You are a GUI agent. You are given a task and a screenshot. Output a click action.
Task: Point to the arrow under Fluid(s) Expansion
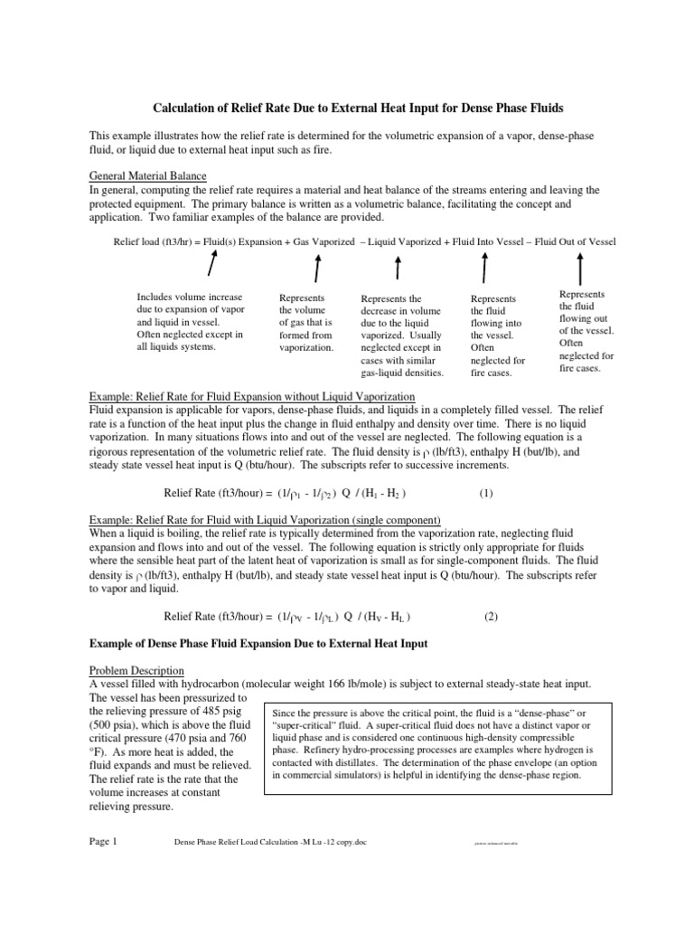click(x=211, y=265)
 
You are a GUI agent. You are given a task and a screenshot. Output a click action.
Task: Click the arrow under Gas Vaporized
click(x=316, y=267)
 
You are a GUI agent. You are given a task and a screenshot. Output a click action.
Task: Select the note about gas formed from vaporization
click(x=307, y=322)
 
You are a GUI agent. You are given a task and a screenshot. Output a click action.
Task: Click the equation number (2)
click(x=491, y=617)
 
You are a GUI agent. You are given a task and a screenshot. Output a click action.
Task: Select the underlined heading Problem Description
click(x=136, y=670)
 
